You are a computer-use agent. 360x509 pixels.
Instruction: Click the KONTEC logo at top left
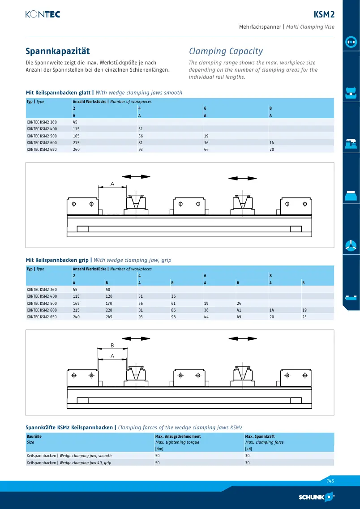(43, 14)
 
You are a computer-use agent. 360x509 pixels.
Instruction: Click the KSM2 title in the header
(324, 15)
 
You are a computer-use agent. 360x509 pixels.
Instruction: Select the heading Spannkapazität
(58, 51)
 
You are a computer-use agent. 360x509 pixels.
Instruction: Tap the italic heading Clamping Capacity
(226, 51)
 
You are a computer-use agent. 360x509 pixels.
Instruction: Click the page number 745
(330, 481)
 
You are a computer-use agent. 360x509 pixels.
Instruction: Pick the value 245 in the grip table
(109, 317)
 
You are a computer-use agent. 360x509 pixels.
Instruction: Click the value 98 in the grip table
(173, 317)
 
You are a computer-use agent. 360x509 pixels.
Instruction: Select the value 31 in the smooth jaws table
(141, 129)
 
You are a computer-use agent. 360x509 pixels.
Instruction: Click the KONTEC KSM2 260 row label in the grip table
(42, 290)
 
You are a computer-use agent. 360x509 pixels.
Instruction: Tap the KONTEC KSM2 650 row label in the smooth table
(42, 150)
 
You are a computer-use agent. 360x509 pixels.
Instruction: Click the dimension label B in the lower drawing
(112, 346)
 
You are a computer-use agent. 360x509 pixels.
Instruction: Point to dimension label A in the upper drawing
(112, 184)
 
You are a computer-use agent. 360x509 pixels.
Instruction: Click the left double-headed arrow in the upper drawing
(136, 176)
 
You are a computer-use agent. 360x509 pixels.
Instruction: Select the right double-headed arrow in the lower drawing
(243, 338)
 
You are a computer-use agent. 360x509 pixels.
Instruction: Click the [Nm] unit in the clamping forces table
(159, 449)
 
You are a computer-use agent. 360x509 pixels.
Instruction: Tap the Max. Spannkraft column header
(260, 436)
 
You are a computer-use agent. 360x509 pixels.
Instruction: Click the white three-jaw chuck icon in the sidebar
(351, 245)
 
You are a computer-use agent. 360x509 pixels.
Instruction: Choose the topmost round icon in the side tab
(351, 42)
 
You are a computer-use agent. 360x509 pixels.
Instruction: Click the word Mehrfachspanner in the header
(260, 27)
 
